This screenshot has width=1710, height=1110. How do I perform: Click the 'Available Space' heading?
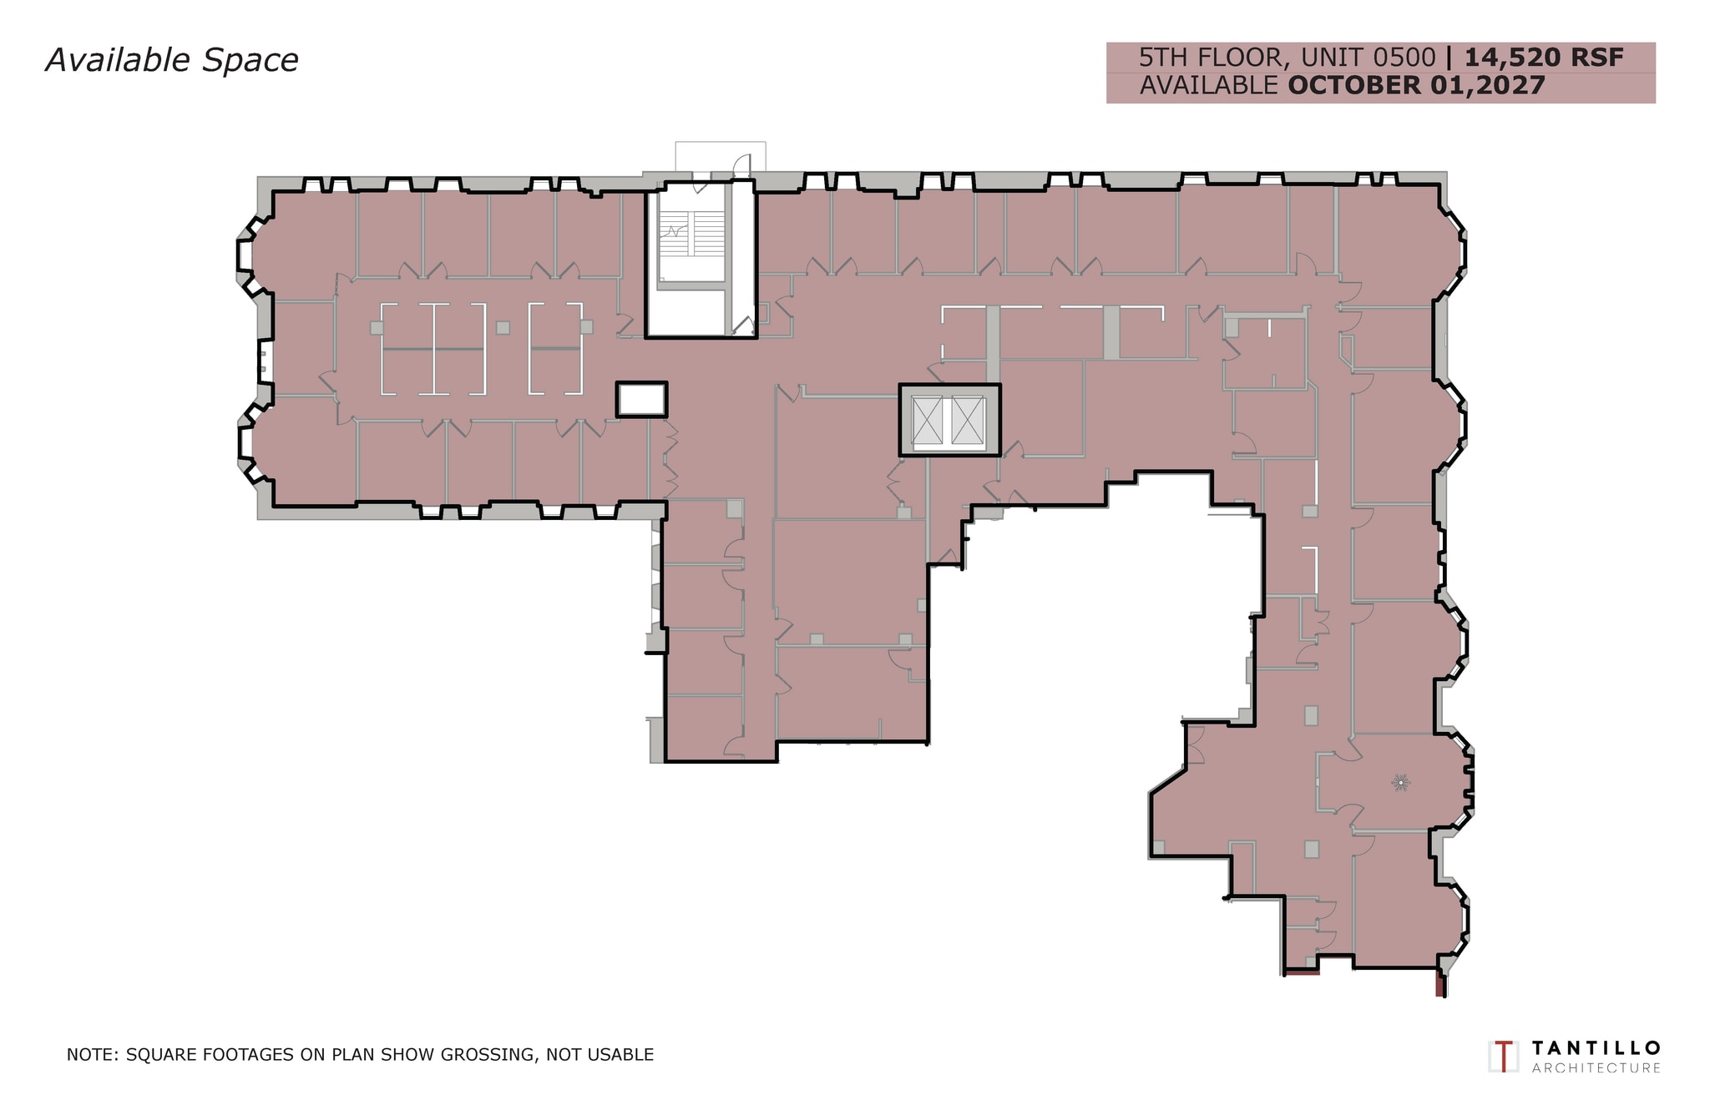[x=172, y=61]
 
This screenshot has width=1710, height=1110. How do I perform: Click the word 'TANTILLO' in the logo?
[x=1596, y=1048]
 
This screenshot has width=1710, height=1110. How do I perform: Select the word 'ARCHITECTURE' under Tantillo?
[x=1596, y=1068]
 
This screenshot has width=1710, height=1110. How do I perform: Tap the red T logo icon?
[x=1504, y=1057]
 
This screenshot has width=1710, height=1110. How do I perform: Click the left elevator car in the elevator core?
[x=927, y=421]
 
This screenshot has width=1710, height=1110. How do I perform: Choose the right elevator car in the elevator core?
[x=968, y=421]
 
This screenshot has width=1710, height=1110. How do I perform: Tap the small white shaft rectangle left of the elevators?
[x=641, y=400]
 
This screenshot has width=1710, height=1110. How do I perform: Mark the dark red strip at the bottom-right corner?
[x=1439, y=984]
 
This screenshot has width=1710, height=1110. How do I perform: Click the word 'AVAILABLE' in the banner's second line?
[x=1209, y=85]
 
